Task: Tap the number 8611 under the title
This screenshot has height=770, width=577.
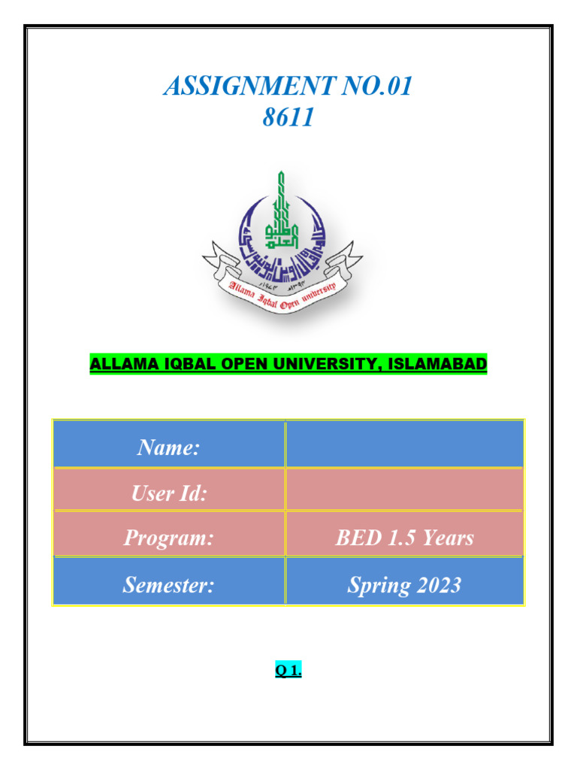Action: (288, 117)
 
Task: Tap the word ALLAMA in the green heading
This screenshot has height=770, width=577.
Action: (119, 365)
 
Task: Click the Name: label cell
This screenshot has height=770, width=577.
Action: (168, 448)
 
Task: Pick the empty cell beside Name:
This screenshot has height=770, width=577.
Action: (404, 444)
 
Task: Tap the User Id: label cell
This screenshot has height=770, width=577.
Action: (168, 493)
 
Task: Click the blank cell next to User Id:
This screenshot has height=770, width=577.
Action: (404, 490)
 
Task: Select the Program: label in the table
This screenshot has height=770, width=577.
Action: (168, 538)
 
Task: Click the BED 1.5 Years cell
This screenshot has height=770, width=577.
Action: (404, 538)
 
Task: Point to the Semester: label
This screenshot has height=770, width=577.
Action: (168, 584)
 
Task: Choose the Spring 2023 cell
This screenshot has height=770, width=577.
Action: (404, 584)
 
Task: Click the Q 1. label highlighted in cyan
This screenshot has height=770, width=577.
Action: (288, 671)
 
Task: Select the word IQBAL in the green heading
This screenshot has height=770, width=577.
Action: (186, 365)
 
